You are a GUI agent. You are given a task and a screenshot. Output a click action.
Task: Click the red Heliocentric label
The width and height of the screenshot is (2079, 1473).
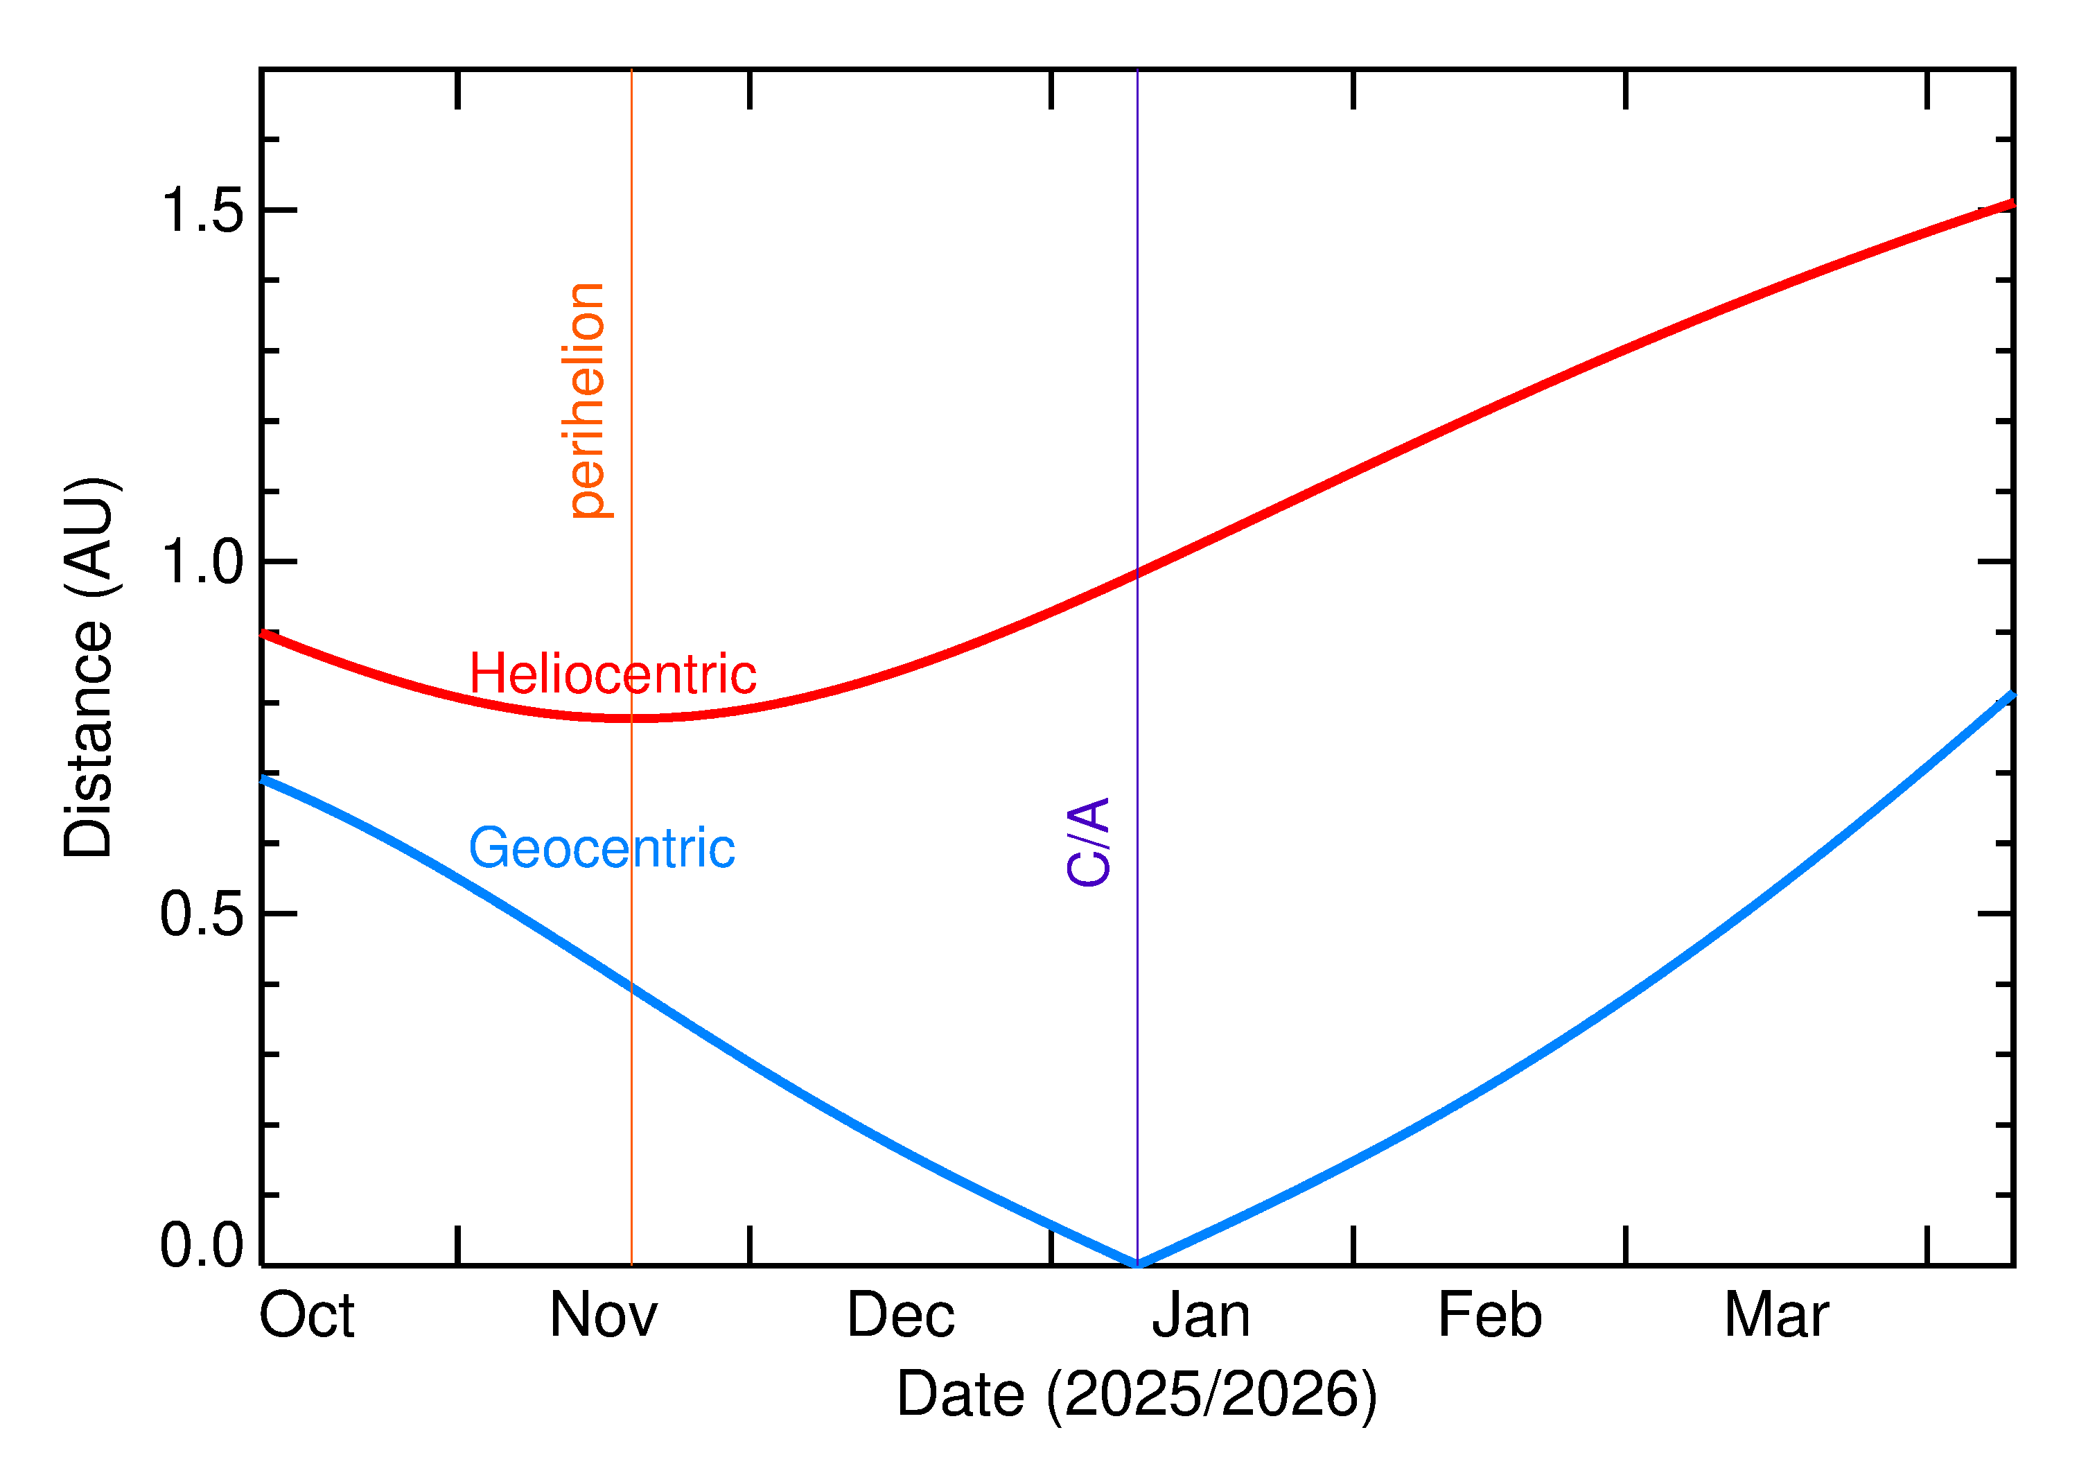coord(612,675)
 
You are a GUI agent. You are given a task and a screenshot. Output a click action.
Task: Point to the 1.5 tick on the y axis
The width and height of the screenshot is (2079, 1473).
coord(202,211)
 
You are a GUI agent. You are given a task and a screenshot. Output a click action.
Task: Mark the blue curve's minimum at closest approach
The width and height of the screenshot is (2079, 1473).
coord(1137,1264)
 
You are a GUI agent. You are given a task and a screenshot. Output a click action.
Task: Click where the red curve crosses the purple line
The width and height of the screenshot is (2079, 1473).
coord(1137,573)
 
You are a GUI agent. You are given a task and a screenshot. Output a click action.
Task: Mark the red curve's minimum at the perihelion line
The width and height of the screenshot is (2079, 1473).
coord(632,717)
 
